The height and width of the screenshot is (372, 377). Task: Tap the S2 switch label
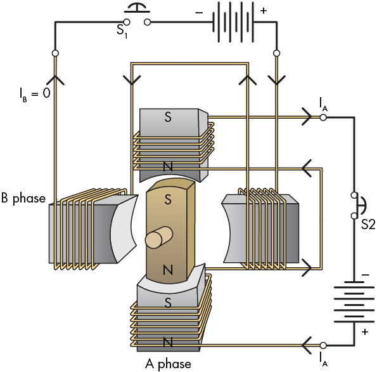368,224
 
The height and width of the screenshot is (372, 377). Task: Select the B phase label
23,198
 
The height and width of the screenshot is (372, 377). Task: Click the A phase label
168,364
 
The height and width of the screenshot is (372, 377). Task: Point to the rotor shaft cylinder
158,237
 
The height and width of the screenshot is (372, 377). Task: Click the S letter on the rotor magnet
168,199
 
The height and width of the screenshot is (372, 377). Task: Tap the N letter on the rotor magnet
168,270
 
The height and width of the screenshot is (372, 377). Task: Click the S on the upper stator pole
168,117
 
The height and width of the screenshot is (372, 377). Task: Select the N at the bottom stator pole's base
168,342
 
